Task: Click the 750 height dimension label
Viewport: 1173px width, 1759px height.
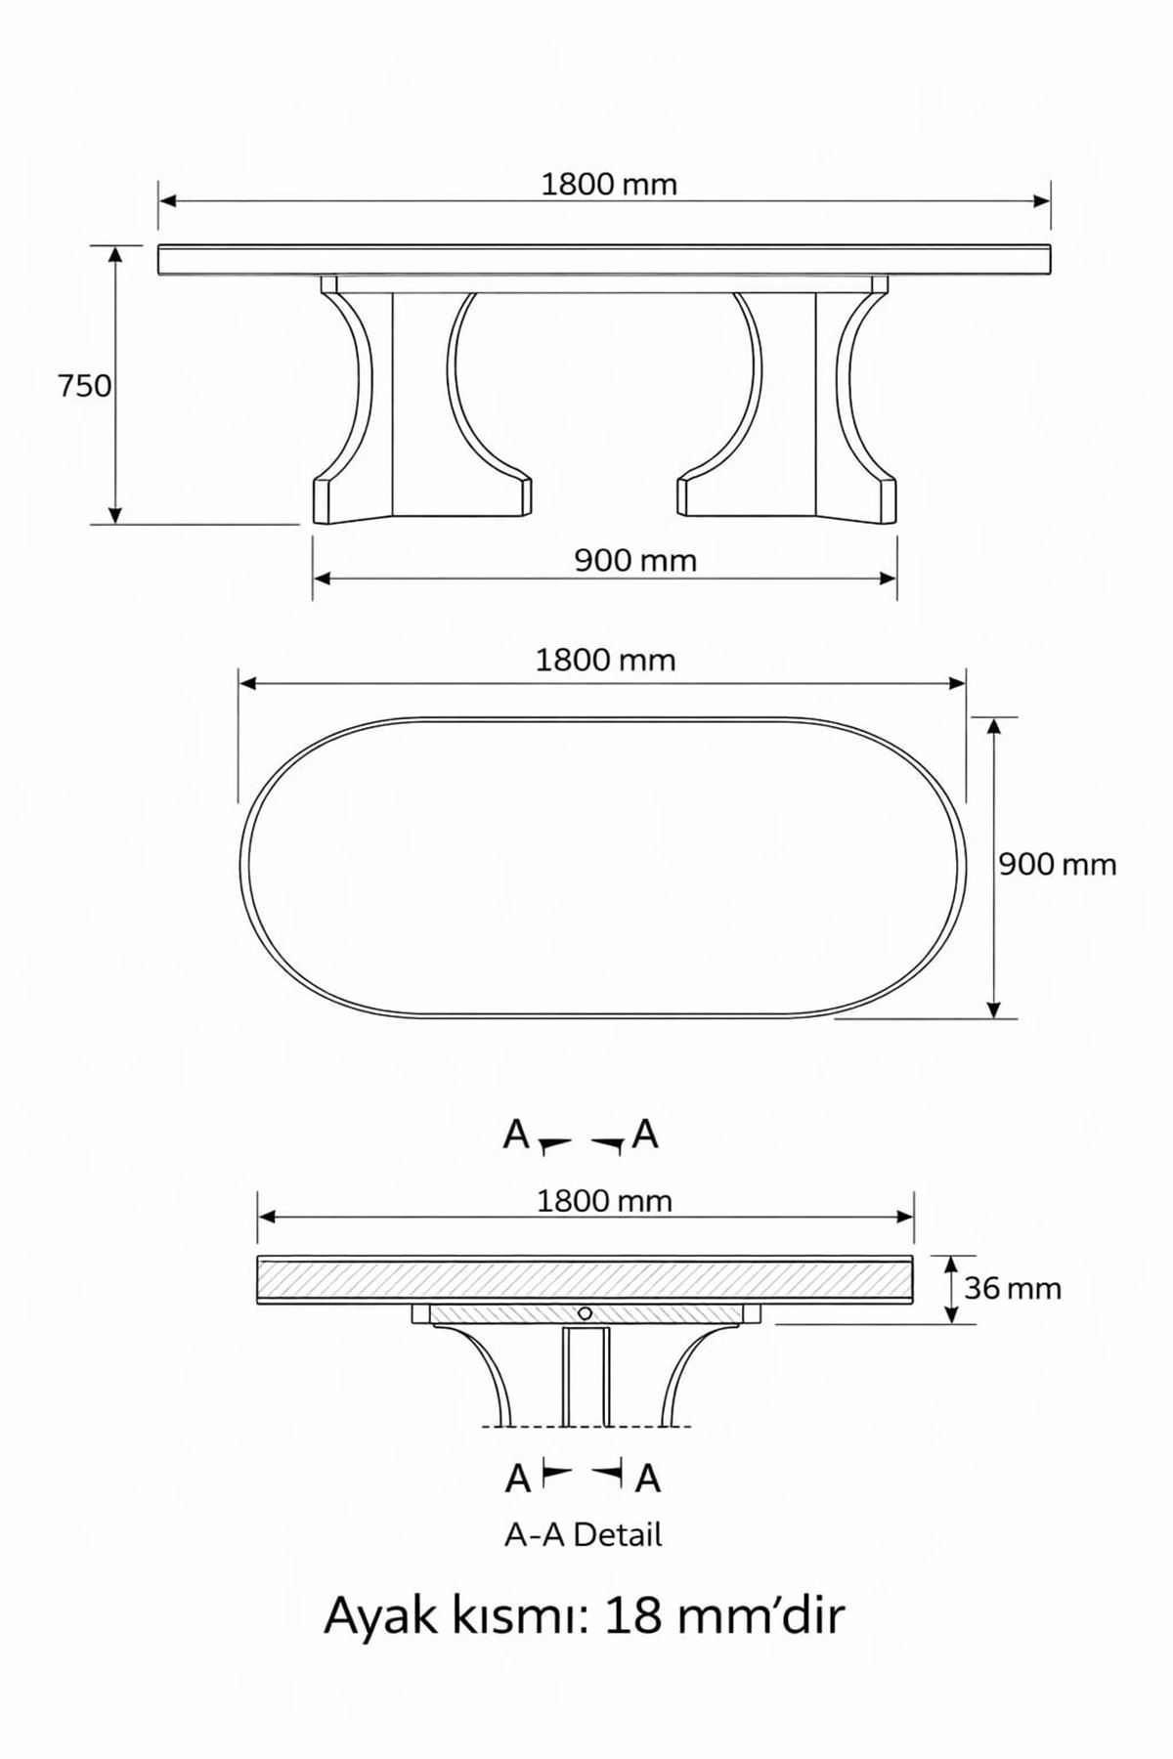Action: pos(85,387)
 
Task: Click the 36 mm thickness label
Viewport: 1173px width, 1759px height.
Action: pos(1012,1289)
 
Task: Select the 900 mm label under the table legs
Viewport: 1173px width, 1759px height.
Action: pos(635,561)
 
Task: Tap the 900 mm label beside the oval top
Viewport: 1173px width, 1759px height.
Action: pos(1057,865)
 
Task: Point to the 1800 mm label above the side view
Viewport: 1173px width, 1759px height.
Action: pos(609,185)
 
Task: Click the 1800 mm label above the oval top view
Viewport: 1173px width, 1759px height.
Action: pos(605,661)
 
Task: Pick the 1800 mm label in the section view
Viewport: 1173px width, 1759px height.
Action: pos(604,1201)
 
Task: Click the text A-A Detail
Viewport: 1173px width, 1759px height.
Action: pos(584,1535)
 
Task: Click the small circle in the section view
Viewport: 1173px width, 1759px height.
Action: pos(585,1312)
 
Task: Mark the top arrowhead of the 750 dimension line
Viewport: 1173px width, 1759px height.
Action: pos(115,256)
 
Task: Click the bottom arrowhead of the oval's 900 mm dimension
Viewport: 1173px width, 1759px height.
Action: pos(994,1008)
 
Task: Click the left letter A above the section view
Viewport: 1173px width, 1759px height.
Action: pos(515,1136)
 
